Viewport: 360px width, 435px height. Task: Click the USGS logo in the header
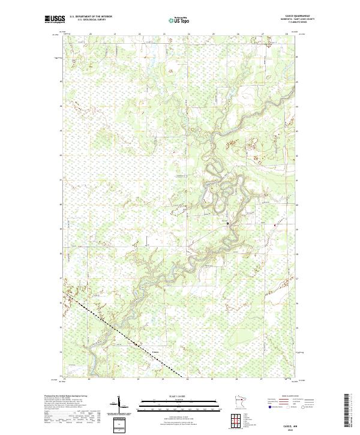pyautogui.click(x=55, y=19)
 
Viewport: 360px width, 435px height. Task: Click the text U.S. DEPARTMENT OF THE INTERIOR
pyautogui.click(x=91, y=17)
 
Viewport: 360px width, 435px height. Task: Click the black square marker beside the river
pyautogui.click(x=227, y=223)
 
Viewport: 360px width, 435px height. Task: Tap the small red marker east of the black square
pyautogui.click(x=275, y=225)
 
